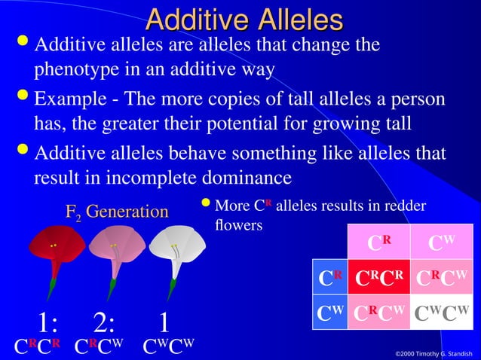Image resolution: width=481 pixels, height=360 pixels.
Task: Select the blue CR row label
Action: coord(329,277)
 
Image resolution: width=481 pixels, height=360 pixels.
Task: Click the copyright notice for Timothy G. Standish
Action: coord(434,353)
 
